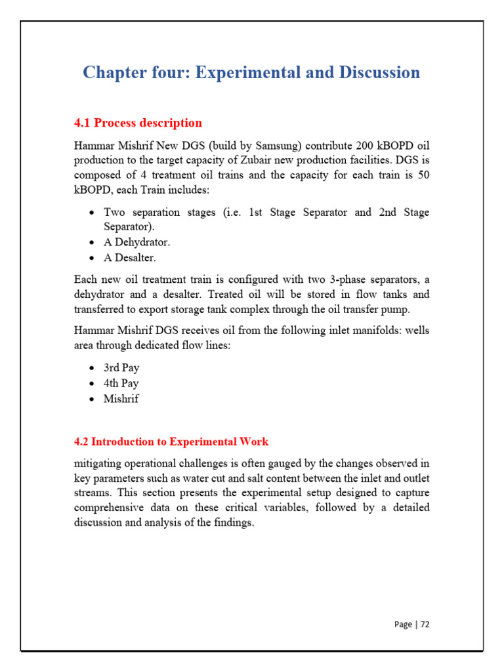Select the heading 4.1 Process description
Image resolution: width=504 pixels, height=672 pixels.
(138, 123)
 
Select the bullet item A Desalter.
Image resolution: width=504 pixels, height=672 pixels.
(130, 258)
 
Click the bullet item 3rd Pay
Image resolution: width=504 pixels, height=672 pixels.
(121, 367)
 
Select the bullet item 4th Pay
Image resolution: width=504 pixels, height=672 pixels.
(121, 383)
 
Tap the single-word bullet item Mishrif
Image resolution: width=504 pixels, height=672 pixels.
(121, 398)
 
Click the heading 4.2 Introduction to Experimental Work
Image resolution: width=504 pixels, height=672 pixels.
(171, 442)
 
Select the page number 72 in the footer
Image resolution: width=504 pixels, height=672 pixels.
(424, 624)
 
